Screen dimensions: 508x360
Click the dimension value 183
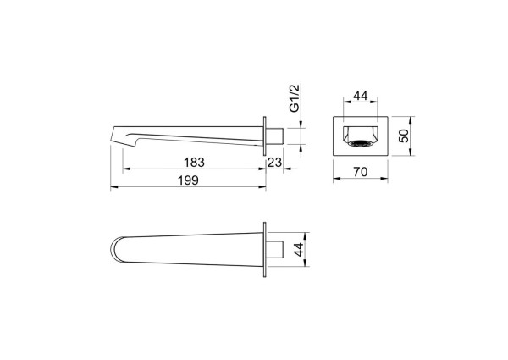[x=194, y=163]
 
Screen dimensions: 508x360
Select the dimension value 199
[x=188, y=180]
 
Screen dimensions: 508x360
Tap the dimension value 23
[x=274, y=163]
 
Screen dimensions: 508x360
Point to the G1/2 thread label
[x=295, y=98]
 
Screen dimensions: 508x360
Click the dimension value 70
[x=361, y=172]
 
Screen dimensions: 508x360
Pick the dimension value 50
[x=404, y=136]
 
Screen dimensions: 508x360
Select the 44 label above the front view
[x=361, y=96]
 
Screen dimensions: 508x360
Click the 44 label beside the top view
[x=300, y=250]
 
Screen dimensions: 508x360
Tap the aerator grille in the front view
[x=361, y=143]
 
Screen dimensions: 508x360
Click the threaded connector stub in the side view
[x=275, y=136]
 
